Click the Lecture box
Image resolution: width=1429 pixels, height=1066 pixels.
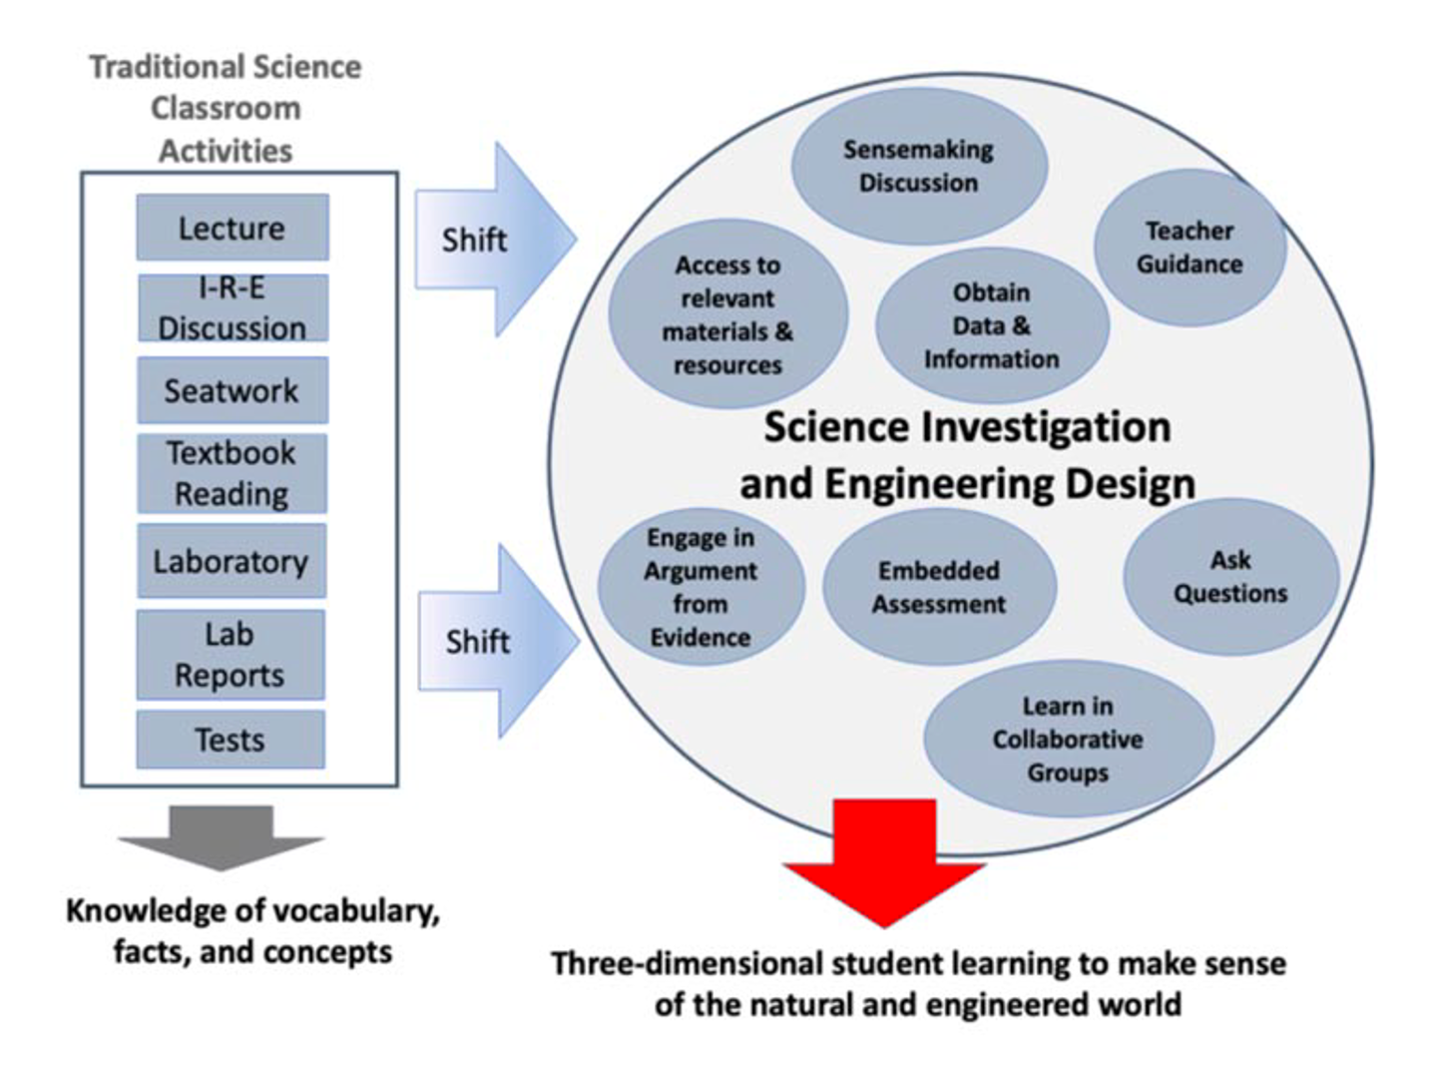(233, 228)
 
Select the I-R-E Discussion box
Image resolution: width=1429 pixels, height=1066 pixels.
(233, 307)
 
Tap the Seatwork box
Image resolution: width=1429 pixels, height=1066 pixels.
(233, 390)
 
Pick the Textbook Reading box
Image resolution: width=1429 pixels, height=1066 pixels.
(232, 473)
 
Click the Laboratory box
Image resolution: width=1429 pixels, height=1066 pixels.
(232, 561)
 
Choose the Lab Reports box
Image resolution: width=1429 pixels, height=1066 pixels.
(231, 655)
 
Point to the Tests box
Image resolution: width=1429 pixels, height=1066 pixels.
(231, 739)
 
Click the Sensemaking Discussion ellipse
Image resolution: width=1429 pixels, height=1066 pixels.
(919, 166)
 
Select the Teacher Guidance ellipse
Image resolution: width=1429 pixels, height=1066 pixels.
(1190, 248)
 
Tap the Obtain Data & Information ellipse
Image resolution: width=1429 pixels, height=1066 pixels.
(992, 325)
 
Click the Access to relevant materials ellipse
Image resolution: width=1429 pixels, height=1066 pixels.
(727, 313)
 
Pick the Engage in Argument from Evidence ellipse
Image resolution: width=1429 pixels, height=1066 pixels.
(702, 587)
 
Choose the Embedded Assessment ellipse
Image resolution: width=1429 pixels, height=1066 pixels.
(939, 587)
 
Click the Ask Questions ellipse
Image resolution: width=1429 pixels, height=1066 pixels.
(1230, 577)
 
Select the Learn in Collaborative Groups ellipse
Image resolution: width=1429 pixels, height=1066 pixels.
(1069, 739)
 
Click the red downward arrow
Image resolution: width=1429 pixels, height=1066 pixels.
(884, 862)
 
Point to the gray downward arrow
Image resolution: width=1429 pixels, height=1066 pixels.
(222, 838)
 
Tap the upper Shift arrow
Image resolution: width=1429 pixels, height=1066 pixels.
(496, 239)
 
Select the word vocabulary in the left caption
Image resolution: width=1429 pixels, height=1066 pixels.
(347, 911)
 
